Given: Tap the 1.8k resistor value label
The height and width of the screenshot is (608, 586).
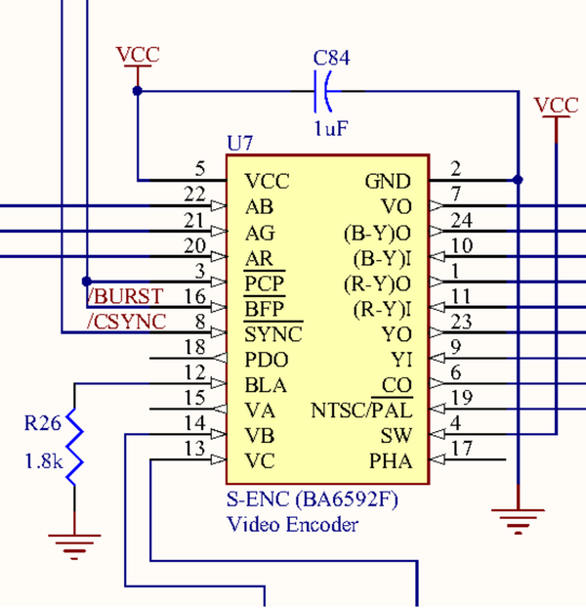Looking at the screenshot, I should tap(44, 460).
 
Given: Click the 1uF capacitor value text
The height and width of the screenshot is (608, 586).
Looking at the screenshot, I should tap(331, 128).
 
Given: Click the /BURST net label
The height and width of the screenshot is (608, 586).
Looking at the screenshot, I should tap(125, 295).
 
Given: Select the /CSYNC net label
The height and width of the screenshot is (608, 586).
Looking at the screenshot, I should tap(126, 321).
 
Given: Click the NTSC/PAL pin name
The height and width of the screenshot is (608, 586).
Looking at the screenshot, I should tap(361, 410).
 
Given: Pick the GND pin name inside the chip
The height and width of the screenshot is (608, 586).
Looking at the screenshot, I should tap(388, 182).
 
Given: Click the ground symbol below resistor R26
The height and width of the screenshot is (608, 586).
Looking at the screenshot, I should tap(74, 539).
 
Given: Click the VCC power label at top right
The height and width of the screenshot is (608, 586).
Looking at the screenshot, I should tap(557, 106).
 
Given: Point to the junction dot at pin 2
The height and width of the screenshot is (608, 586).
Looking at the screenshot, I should tap(518, 180).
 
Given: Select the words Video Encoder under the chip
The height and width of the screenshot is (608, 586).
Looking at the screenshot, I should tap(292, 524).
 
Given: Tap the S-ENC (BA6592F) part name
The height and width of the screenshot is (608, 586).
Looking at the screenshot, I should tap(313, 499).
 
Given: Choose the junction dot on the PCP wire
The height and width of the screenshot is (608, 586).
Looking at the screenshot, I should tap(86, 282).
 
